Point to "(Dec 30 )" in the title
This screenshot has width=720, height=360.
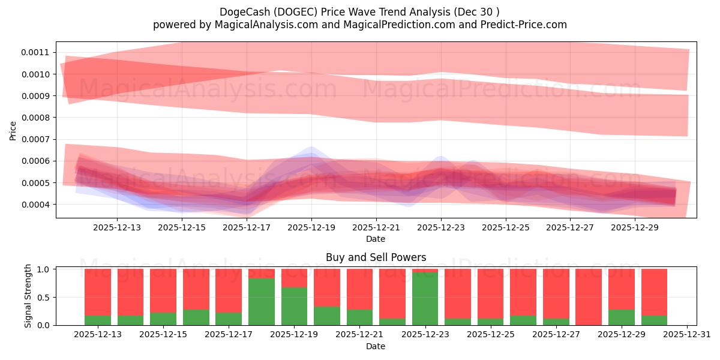point(477,12)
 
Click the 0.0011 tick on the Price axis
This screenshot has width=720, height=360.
point(35,52)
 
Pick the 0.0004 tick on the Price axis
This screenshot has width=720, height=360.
point(35,205)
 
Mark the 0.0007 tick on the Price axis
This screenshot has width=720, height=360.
point(35,139)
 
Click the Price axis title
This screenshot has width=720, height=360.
point(13,130)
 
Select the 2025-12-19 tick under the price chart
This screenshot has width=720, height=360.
point(311,228)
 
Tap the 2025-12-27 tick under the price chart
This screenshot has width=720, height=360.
point(570,228)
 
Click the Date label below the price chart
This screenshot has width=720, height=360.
point(376,239)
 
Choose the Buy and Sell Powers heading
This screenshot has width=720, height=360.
point(376,257)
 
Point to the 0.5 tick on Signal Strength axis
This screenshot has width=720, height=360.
point(45,298)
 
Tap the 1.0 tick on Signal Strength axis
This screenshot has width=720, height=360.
point(45,269)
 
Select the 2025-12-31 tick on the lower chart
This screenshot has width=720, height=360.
point(685,335)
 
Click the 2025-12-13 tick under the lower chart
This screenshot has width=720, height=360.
point(98,335)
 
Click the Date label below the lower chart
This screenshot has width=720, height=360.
point(376,346)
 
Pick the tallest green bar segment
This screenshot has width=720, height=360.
point(425,298)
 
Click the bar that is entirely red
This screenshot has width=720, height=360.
point(589,297)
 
